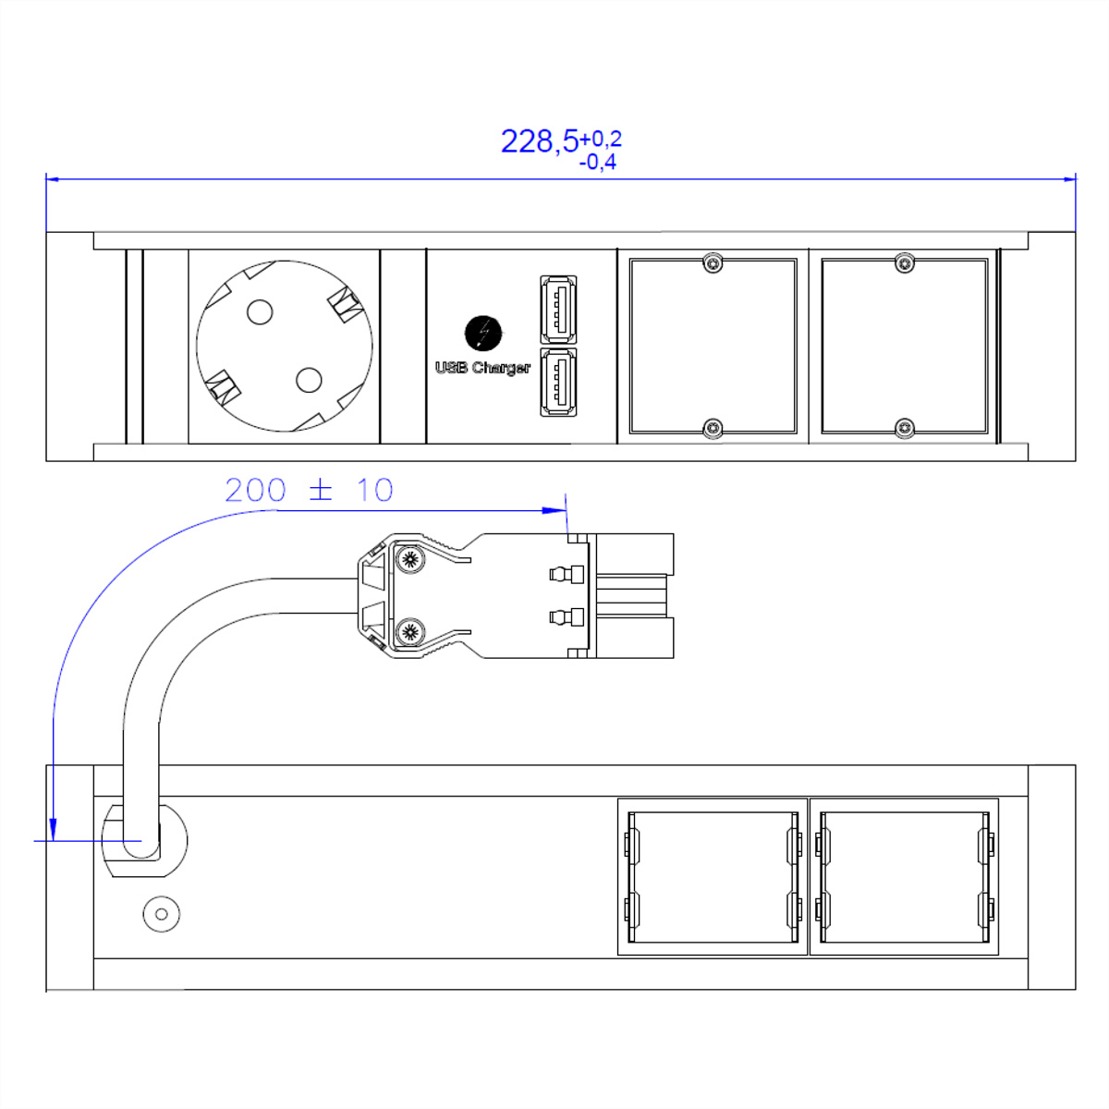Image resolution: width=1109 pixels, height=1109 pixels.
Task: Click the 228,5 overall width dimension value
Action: (x=539, y=141)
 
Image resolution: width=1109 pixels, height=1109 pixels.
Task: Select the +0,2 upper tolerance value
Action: (x=601, y=139)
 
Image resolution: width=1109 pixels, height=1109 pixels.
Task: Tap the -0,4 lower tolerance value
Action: (x=597, y=163)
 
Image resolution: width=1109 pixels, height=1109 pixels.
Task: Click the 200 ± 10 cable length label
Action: (x=309, y=490)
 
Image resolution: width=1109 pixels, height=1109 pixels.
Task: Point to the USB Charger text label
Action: (x=482, y=368)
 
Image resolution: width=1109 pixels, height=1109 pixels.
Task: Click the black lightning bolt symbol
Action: (x=483, y=333)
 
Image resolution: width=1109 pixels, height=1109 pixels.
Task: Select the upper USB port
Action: (x=558, y=310)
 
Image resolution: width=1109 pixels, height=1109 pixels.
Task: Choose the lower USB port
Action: (x=558, y=382)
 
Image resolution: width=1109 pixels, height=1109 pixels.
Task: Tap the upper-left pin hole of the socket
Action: (x=260, y=312)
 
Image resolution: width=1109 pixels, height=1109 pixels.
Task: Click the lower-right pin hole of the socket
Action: (x=309, y=380)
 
